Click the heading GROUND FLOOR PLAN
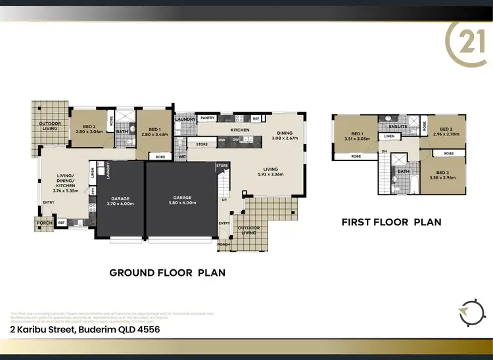167,272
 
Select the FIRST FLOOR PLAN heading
391,222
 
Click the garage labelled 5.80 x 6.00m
182,200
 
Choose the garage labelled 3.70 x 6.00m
121,200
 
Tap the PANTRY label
208,118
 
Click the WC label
182,157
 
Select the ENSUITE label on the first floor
398,126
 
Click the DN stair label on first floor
384,150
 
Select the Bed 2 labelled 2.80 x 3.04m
89,129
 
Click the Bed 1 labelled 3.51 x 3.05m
354,136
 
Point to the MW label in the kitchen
222,140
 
